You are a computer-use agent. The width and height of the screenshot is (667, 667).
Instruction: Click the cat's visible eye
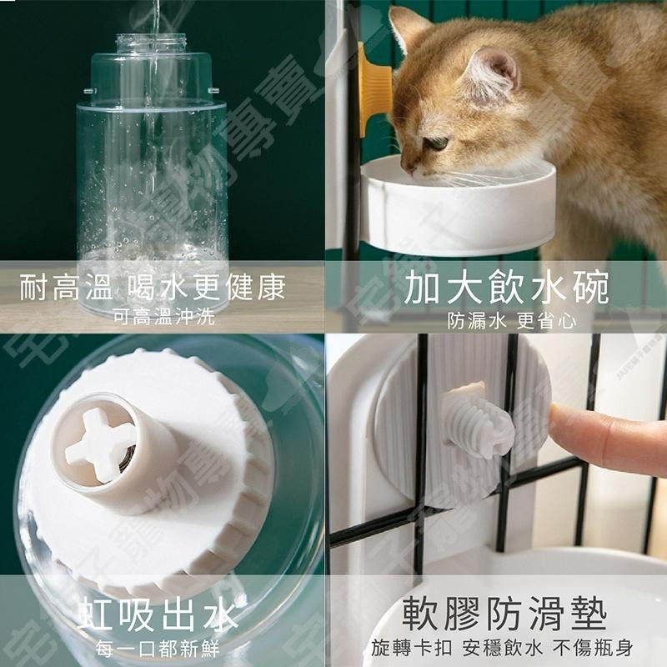point(436,143)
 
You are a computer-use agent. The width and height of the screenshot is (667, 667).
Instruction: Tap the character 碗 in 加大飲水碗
point(589,288)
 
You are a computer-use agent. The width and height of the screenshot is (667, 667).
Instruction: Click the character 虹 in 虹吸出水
point(96,616)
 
